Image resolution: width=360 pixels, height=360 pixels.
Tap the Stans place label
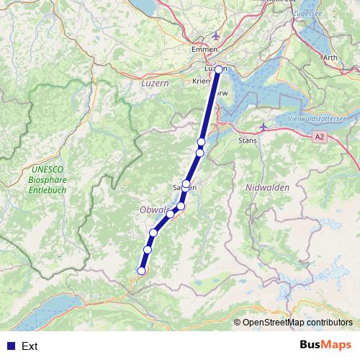click(x=247, y=141)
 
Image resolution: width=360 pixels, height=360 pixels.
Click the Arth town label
click(x=330, y=58)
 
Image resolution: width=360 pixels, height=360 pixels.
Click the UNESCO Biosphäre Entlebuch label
click(x=48, y=179)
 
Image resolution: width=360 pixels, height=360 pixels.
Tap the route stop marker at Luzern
click(x=219, y=69)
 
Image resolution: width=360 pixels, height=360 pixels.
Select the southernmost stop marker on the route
click(x=141, y=271)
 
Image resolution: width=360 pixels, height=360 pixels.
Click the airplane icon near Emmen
click(x=217, y=37)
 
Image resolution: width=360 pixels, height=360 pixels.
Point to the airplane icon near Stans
click(x=264, y=127)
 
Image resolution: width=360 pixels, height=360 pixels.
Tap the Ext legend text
click(x=30, y=346)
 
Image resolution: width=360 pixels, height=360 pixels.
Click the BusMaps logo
click(x=325, y=345)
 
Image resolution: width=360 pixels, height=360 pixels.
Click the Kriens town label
click(x=201, y=82)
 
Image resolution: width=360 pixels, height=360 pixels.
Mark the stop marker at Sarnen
click(x=186, y=184)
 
